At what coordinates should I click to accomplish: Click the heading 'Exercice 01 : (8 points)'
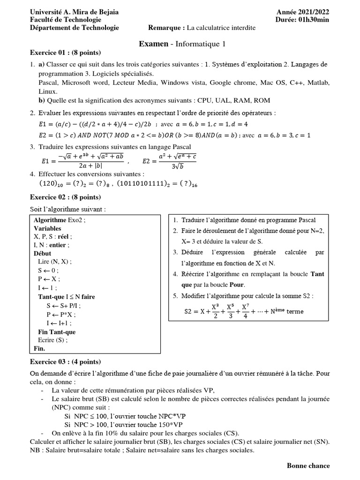click(x=65, y=52)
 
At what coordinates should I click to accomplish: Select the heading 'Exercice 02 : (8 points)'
click(x=65, y=197)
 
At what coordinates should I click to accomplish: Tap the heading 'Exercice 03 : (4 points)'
click(x=65, y=362)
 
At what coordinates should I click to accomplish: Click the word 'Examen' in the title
click(x=153, y=44)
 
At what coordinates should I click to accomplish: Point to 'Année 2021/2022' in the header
click(x=303, y=12)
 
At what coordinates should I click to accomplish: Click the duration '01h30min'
click(x=314, y=20)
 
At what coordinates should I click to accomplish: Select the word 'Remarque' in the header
click(x=164, y=28)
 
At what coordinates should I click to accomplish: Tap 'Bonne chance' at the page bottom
click(x=308, y=465)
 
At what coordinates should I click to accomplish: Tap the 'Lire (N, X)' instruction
click(x=55, y=262)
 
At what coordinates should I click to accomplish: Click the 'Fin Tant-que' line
click(x=57, y=332)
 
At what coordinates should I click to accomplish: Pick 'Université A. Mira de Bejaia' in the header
click(x=74, y=12)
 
